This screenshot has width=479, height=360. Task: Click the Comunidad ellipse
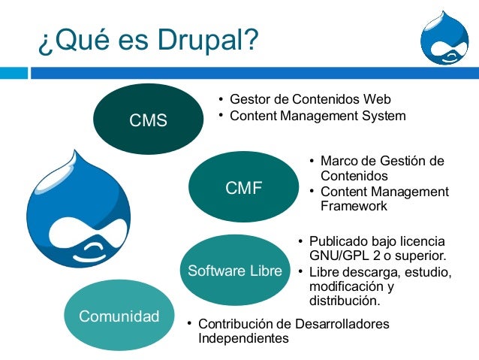[119, 316]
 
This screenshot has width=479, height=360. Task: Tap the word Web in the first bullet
[377, 100]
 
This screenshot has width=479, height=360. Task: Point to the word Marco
[337, 161]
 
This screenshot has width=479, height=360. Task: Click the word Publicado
[340, 241]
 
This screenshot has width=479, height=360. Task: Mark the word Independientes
[243, 339]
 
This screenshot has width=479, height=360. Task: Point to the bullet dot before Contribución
[189, 324]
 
